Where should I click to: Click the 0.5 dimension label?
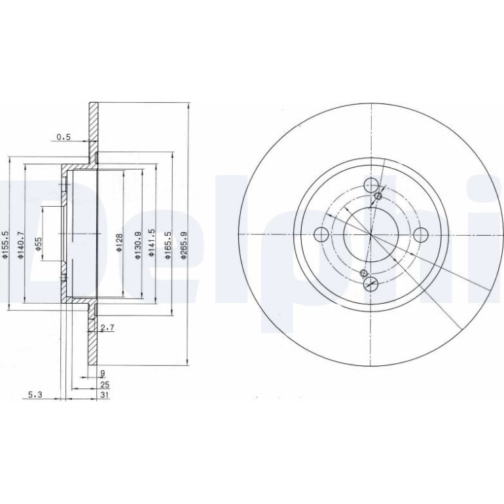[x=63, y=137]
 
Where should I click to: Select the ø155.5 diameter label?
[x=5, y=244]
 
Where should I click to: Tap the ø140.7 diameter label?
[x=21, y=245]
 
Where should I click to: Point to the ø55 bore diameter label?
[x=38, y=244]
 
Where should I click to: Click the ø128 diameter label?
[x=119, y=243]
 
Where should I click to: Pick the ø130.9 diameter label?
[x=138, y=245]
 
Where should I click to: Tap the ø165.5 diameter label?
[x=168, y=245]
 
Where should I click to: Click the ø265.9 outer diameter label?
[x=184, y=245]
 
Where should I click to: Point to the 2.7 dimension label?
[x=108, y=328]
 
